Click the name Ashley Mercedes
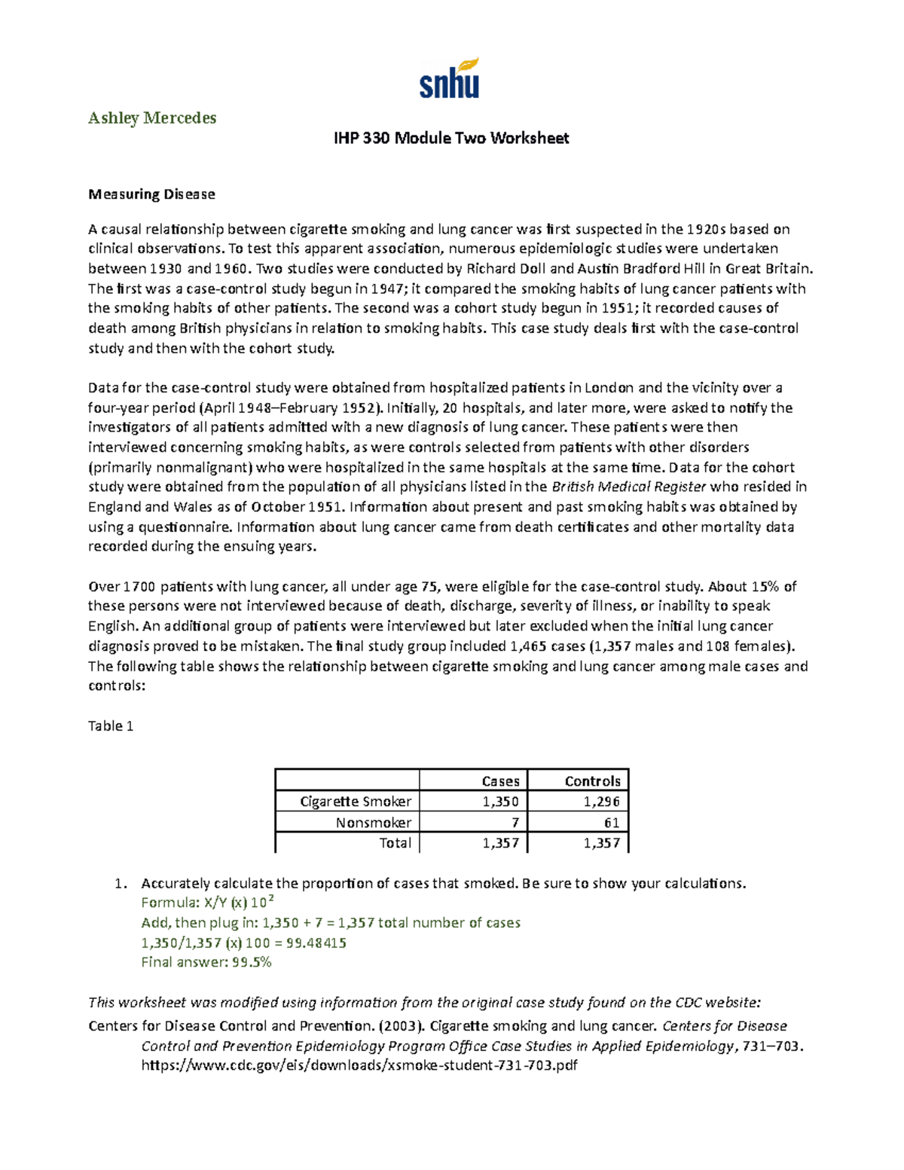click(152, 118)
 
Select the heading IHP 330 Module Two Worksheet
click(451, 138)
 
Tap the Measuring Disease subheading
click(151, 194)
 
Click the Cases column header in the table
click(500, 781)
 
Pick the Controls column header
click(592, 781)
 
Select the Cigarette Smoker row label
click(356, 802)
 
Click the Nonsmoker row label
click(373, 823)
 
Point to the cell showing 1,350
click(500, 802)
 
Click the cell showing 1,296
click(601, 802)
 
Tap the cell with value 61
click(611, 823)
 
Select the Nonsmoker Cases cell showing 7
click(515, 823)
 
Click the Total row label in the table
click(395, 843)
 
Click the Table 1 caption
click(111, 726)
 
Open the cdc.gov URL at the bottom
click(359, 1065)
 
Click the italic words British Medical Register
click(629, 487)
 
